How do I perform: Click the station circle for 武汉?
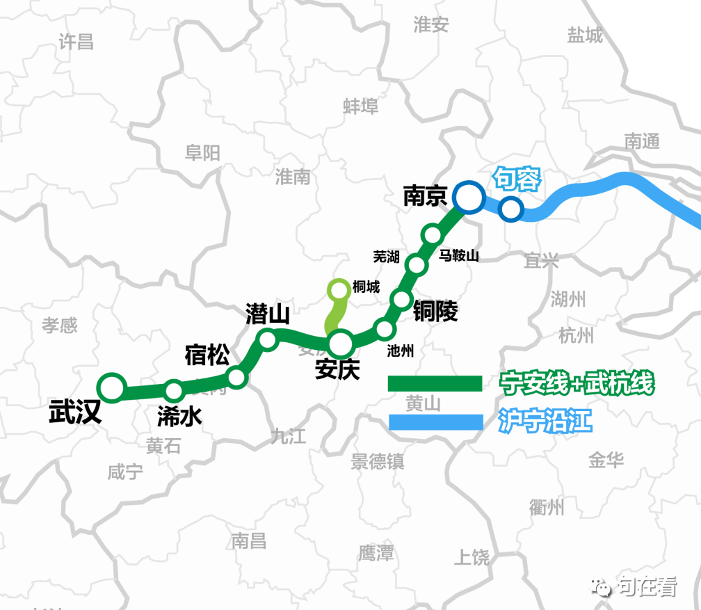tap(112, 387)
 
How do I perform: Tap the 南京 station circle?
tap(468, 197)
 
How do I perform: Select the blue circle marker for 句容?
tap(511, 209)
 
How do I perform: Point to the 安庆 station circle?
tap(341, 343)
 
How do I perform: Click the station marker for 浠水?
tap(174, 390)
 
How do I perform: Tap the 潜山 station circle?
tap(268, 339)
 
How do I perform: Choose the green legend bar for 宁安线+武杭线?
tap(435, 383)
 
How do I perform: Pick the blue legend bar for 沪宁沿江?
tap(435, 422)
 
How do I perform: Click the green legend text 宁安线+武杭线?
tap(577, 383)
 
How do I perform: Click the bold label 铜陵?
tap(435, 311)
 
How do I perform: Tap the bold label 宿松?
tap(207, 355)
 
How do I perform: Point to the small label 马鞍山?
tap(459, 256)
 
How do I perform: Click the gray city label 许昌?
tap(76, 42)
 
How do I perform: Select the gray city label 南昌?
tap(249, 540)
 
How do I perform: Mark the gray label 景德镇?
tap(377, 461)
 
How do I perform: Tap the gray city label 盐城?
tap(585, 35)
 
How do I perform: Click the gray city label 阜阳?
tap(202, 152)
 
